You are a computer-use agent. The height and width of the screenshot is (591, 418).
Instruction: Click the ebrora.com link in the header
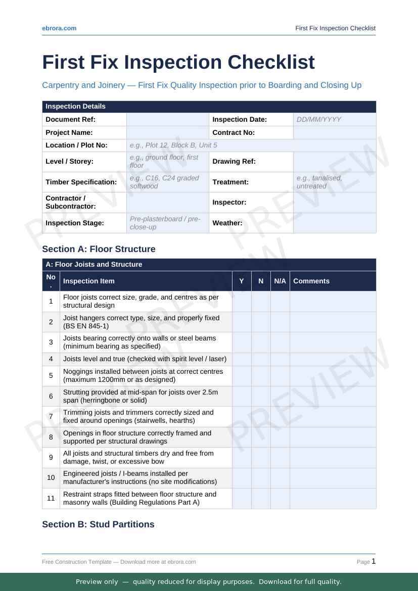59,28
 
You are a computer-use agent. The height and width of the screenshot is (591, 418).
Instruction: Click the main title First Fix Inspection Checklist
178,62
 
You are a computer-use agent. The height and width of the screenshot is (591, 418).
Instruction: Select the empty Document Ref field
167,120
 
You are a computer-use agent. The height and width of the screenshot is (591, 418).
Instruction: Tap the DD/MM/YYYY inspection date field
335,120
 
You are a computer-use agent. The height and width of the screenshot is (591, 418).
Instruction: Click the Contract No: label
234,132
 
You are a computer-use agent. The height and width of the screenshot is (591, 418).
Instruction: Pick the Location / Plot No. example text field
251,145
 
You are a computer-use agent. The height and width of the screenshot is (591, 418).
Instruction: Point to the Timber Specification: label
81,182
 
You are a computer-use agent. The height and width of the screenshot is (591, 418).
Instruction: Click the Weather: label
227,223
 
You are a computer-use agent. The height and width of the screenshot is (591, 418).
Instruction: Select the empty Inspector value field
335,202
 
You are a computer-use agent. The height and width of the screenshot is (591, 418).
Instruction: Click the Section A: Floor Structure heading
99,249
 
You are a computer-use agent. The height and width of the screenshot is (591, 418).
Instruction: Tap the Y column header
242,281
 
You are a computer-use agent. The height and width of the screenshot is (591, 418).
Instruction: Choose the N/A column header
280,281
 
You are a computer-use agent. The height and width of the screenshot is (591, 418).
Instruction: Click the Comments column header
311,281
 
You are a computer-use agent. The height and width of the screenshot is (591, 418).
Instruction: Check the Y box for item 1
242,302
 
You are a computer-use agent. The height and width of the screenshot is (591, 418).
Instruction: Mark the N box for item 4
261,359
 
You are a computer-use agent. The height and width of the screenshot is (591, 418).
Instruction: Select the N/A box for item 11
280,498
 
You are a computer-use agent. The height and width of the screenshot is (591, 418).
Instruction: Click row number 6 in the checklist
51,397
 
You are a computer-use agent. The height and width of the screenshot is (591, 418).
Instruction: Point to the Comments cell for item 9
333,457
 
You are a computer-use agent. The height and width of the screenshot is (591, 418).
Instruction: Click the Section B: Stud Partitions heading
98,524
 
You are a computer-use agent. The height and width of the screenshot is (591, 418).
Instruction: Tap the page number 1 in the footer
374,561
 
